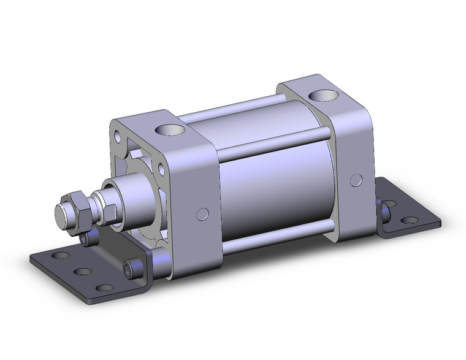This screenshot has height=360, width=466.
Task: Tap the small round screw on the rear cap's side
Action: pyautogui.click(x=354, y=179)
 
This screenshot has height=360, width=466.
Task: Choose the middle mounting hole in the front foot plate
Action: pyautogui.click(x=82, y=271)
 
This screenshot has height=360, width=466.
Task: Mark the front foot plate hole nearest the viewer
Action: pyautogui.click(x=105, y=286)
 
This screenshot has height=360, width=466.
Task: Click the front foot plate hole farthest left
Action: pyautogui.click(x=60, y=255)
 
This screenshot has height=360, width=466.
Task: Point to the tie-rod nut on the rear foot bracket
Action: pyautogui.click(x=386, y=212)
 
